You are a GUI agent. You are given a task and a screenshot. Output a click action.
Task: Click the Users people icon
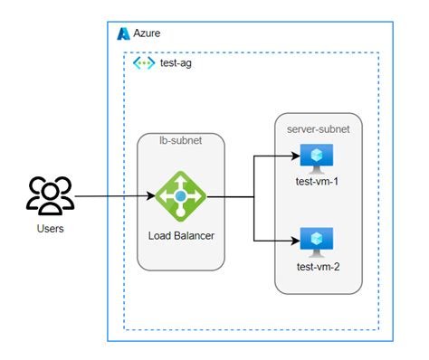click(x=50, y=194)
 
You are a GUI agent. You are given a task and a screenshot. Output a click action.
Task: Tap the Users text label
click(x=50, y=229)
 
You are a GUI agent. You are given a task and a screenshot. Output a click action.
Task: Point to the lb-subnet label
click(x=180, y=143)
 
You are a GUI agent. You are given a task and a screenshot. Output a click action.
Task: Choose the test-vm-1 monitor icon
click(x=318, y=158)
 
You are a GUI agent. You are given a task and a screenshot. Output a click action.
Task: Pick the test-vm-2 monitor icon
click(x=318, y=242)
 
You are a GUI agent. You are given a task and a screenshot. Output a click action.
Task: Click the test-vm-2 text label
click(x=318, y=269)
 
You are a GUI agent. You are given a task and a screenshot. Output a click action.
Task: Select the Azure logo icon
click(x=123, y=33)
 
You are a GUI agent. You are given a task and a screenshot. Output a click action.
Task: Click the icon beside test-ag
click(x=143, y=63)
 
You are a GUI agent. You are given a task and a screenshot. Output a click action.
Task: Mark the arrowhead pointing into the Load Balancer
click(x=150, y=195)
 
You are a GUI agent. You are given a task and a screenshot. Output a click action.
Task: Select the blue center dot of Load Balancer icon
click(x=180, y=195)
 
